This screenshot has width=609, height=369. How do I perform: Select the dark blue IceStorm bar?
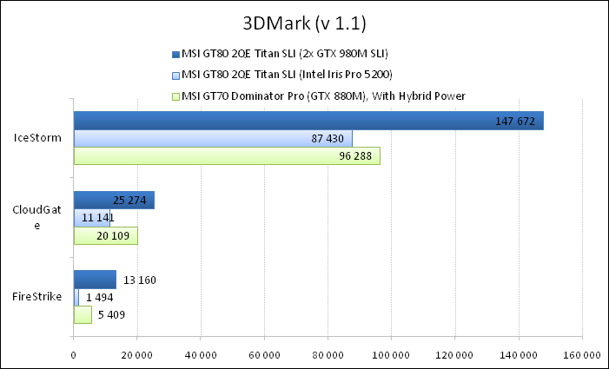pos(308,121)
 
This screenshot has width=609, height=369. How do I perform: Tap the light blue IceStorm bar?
pos(213,138)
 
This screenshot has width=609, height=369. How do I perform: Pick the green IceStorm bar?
pos(227,156)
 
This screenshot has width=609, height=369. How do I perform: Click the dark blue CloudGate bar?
pos(114,201)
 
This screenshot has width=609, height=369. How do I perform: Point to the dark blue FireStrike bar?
pos(95,280)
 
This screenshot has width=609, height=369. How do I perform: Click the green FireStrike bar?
pos(83,315)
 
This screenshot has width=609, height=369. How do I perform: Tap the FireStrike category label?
pos(37,297)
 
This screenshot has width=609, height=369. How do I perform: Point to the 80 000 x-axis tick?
pos(328,354)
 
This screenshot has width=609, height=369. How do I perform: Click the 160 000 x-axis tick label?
pos(582,354)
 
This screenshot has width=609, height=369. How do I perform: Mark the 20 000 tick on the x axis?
pos(137,354)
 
